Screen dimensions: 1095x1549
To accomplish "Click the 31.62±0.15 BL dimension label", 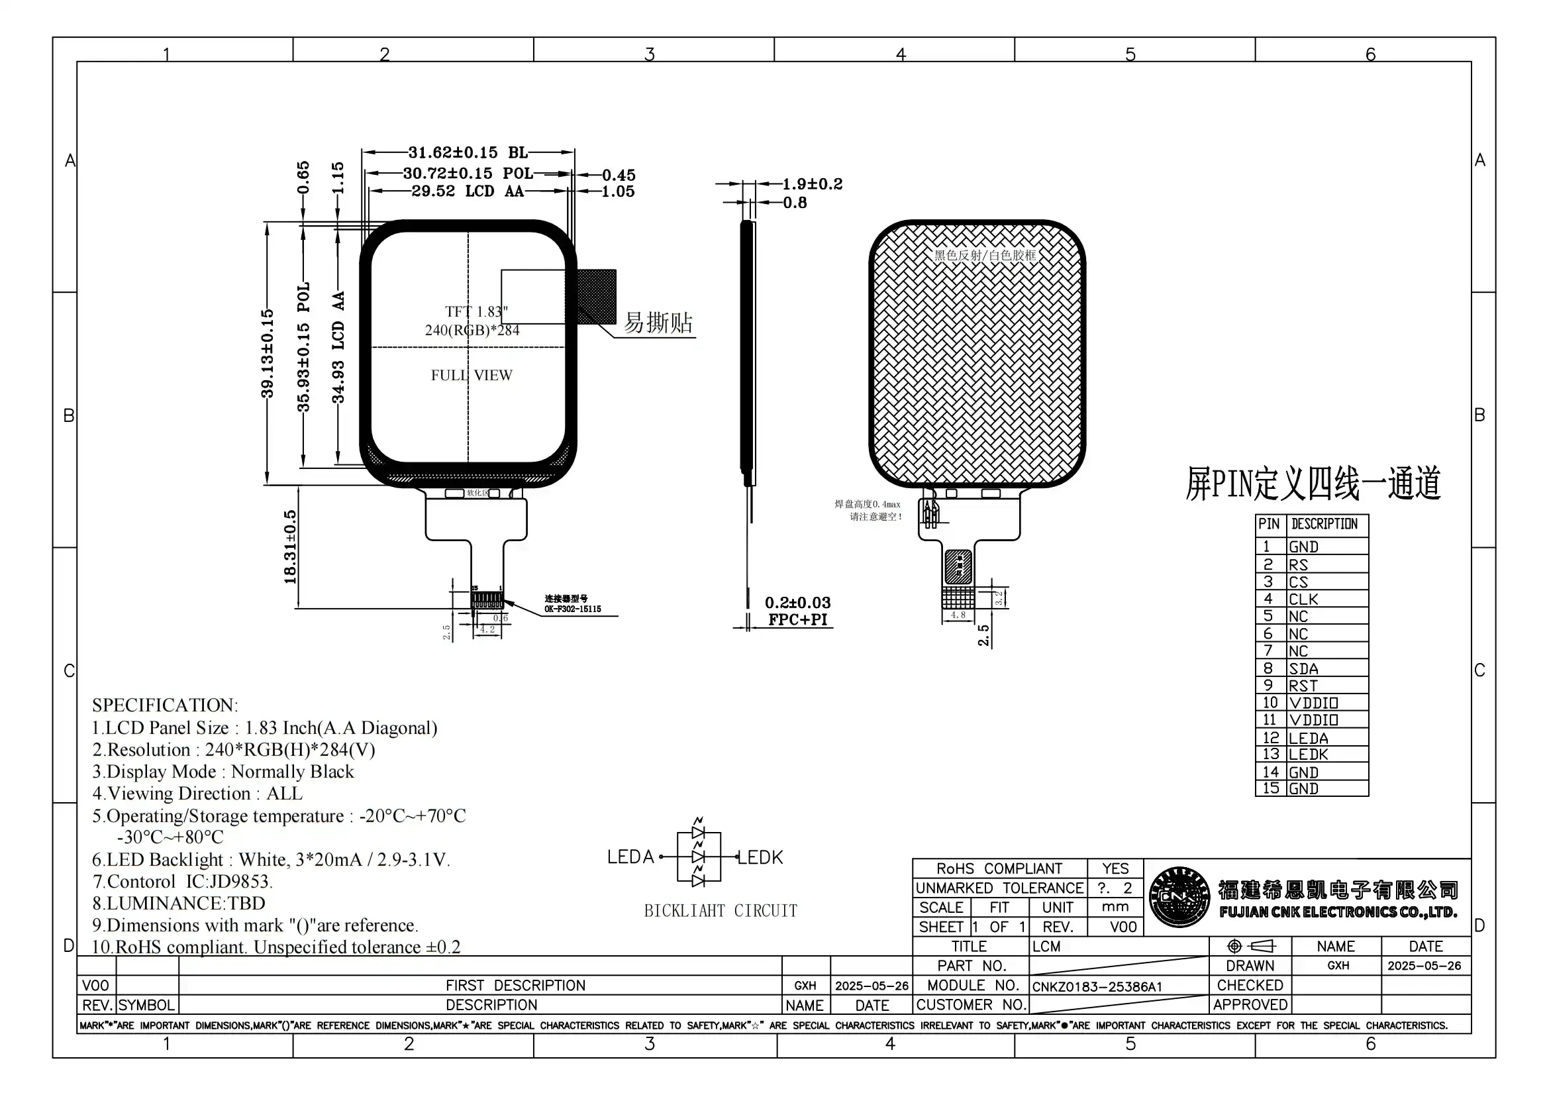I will (x=467, y=152).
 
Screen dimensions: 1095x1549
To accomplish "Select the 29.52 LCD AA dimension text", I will (x=467, y=191).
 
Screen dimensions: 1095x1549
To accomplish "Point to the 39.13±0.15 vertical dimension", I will (x=268, y=354).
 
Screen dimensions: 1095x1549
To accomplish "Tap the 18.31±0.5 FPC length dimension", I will (x=290, y=547).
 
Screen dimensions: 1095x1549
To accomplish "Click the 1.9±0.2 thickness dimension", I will (x=812, y=184).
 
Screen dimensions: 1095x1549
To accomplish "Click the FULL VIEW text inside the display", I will (x=472, y=375).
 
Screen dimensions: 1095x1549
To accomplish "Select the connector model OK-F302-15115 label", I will (x=572, y=609).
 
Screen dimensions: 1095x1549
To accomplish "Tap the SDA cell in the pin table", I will (x=1303, y=668).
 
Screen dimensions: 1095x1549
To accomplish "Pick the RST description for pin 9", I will (x=1303, y=686).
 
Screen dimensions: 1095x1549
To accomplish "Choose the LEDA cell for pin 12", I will (x=1308, y=738).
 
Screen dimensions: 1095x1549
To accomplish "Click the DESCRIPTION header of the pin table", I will (x=1324, y=524).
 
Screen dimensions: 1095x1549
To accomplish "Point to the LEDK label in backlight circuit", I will (x=760, y=857).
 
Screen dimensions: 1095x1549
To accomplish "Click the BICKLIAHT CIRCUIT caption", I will (x=720, y=911).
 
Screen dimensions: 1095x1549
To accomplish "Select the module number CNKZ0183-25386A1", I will (x=1097, y=986).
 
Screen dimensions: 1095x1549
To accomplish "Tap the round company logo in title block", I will (x=1179, y=897).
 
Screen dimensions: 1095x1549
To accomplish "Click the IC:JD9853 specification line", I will (x=182, y=882).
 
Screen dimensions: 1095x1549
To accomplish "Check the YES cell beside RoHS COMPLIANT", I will (x=1115, y=868).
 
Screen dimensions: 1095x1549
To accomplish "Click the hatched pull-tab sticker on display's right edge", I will (x=597, y=296).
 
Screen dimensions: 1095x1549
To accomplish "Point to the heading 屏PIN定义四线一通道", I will (x=1312, y=484).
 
